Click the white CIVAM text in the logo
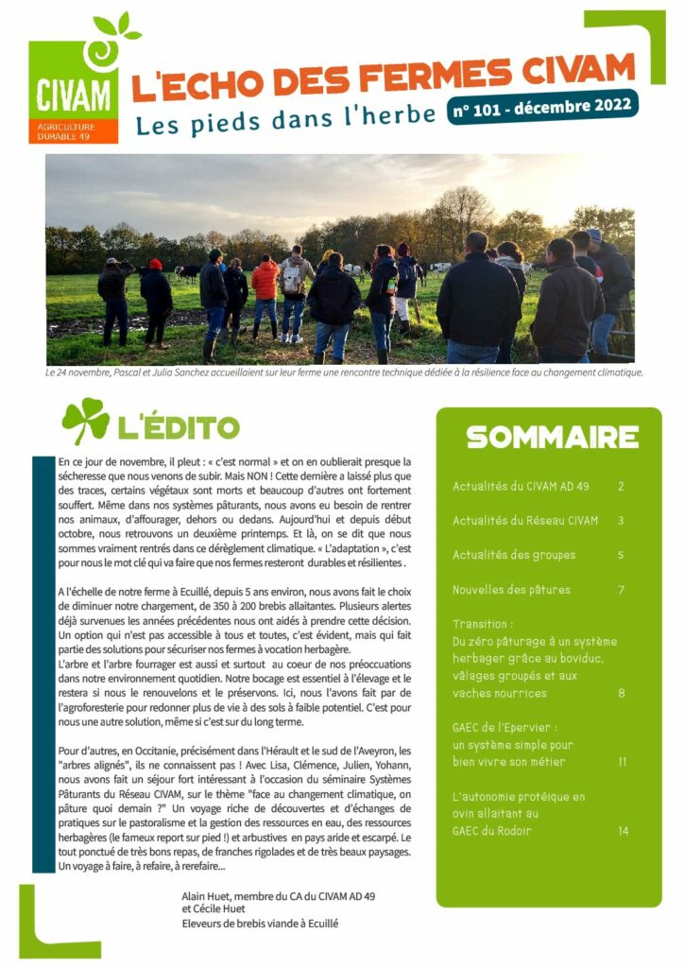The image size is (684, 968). coord(73,95)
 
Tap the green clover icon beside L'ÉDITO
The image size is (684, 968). coord(85,422)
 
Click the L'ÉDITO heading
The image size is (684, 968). coord(178,426)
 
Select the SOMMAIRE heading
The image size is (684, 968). coord(552,437)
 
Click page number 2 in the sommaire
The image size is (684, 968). coord(621,487)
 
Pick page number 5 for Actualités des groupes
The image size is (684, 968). coord(621,555)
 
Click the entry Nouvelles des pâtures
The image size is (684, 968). coord(511,590)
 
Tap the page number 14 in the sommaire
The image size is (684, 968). coord(623,831)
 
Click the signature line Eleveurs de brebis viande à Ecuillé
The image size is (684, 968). coord(260,924)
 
